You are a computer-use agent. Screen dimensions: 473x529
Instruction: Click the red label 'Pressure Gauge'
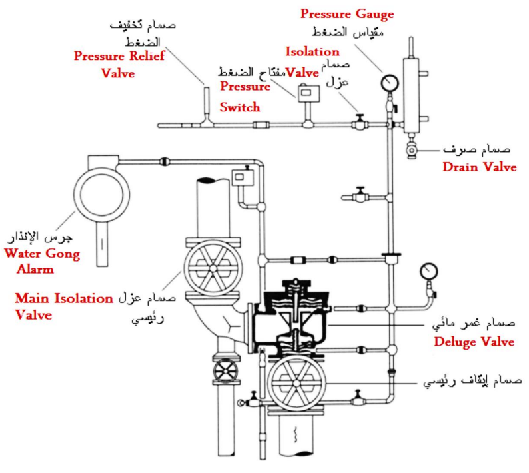(346, 13)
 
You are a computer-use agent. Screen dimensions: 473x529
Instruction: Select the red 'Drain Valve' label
(479, 167)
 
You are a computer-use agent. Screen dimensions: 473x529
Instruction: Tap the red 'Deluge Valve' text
(474, 342)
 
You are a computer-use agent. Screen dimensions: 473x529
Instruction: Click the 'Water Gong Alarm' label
(41, 261)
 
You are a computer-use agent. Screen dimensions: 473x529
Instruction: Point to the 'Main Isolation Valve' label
(63, 306)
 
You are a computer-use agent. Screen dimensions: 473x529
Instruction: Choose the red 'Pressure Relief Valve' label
(119, 65)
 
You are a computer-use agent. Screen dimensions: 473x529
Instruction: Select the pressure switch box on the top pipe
(307, 95)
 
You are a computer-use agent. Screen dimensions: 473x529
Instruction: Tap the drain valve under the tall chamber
(412, 151)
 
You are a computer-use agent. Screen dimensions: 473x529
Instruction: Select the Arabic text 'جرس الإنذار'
(41, 238)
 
